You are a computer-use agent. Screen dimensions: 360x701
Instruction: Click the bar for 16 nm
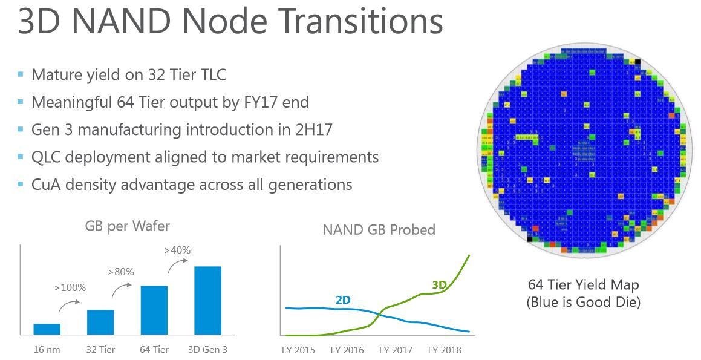(x=47, y=329)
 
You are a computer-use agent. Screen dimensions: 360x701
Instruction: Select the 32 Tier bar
(x=100, y=322)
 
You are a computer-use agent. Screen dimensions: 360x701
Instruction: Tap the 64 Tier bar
(x=154, y=310)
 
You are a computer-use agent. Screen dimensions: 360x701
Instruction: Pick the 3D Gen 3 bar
(x=207, y=300)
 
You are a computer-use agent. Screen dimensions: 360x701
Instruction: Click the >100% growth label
(x=71, y=287)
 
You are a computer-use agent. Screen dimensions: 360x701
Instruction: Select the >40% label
(x=177, y=250)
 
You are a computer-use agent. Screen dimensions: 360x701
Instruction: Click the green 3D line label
(x=440, y=284)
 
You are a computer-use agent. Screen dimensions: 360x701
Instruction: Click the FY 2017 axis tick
(x=395, y=350)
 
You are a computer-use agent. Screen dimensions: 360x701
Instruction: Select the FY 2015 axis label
(x=298, y=350)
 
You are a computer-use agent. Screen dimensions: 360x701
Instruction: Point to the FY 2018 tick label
(x=444, y=350)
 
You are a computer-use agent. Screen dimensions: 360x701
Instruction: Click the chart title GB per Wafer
(x=127, y=226)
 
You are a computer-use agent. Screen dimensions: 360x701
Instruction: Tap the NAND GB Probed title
(x=379, y=230)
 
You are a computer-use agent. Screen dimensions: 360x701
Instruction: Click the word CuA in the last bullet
(x=46, y=184)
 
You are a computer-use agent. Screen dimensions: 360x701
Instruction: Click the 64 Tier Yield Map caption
(x=583, y=284)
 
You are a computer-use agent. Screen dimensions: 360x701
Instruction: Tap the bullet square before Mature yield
(x=21, y=74)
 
